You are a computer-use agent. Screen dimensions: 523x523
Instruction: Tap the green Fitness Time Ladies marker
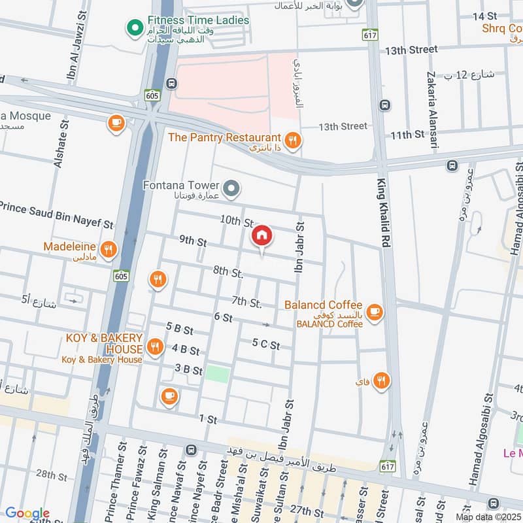click(x=135, y=27)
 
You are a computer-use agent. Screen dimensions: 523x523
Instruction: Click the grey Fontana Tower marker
click(x=230, y=190)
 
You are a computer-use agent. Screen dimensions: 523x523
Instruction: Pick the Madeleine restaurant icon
click(x=108, y=249)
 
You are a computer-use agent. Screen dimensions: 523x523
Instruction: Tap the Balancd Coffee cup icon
click(x=374, y=312)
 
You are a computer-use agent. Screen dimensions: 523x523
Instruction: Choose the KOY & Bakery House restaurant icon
click(x=155, y=347)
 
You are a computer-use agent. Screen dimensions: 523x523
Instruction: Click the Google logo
click(x=27, y=513)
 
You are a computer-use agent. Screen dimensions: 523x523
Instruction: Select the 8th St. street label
click(x=228, y=271)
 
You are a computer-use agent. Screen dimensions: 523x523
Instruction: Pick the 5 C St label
click(x=266, y=345)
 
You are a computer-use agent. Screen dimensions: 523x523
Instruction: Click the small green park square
click(x=218, y=375)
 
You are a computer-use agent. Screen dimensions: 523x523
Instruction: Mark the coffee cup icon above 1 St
click(x=169, y=396)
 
